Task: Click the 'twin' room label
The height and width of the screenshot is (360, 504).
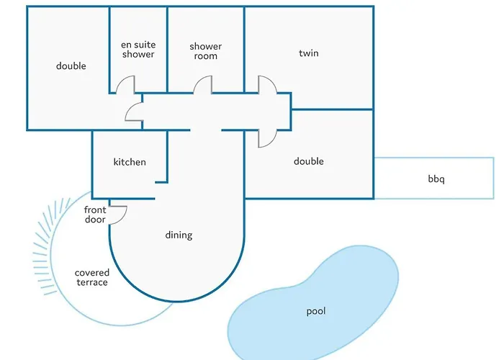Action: pos(309,53)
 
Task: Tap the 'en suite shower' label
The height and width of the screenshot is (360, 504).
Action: pos(138,50)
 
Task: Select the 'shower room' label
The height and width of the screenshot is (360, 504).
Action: pos(205,51)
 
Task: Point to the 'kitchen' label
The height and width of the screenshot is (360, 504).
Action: pos(130,162)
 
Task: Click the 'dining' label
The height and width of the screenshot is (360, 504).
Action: pos(179,235)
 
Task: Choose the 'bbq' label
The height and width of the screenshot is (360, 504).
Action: pos(436,179)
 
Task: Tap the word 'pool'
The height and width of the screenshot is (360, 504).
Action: pos(316,311)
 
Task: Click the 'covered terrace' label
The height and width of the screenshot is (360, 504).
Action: pos(92,277)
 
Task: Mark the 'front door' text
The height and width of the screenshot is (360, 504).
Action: pos(95,215)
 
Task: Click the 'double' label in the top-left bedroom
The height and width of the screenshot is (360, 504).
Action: pos(71,66)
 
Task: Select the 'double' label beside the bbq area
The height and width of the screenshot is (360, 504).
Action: pos(309,161)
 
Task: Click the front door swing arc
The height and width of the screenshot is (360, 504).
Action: pos(120,213)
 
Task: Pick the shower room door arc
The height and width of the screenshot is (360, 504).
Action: pos(202,85)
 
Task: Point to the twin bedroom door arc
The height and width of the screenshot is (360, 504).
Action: pos(268,84)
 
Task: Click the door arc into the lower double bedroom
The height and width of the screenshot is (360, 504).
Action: pos(267,139)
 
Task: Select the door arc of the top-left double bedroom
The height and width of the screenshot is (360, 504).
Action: pos(133,112)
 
